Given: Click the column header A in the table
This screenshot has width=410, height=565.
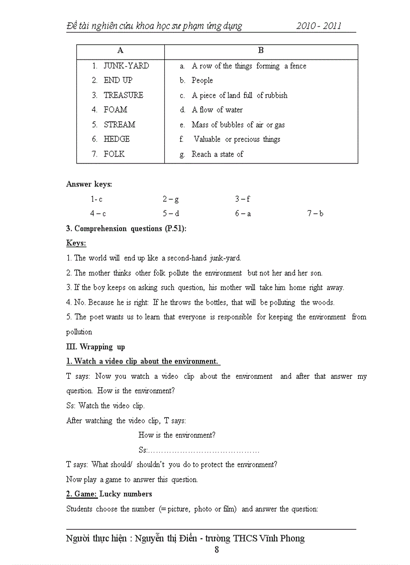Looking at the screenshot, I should [x=120, y=50].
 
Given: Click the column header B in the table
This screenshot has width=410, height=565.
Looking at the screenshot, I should [x=261, y=50].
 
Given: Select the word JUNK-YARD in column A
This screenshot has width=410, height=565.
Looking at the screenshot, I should [x=126, y=66].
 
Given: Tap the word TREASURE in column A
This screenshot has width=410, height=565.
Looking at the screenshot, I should [x=123, y=95].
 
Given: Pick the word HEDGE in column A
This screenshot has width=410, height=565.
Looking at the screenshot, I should [x=117, y=139].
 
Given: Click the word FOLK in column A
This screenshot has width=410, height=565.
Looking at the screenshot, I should [x=114, y=154].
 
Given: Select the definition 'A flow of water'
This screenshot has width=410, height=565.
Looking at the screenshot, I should [x=217, y=110].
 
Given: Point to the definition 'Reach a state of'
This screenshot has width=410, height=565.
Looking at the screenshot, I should [x=217, y=154].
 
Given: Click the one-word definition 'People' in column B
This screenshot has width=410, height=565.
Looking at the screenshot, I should [x=202, y=80].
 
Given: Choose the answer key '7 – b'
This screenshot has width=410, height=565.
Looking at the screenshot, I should [x=315, y=213].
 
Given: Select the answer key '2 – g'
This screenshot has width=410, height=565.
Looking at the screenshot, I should [x=170, y=199].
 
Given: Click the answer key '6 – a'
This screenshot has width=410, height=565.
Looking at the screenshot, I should [x=243, y=213].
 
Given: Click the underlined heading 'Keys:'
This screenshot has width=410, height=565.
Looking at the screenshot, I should [x=76, y=243].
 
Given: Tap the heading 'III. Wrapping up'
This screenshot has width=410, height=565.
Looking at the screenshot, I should [x=95, y=347].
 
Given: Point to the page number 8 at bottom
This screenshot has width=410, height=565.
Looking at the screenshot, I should [x=217, y=549].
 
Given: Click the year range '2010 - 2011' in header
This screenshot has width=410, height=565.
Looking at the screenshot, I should [x=319, y=26].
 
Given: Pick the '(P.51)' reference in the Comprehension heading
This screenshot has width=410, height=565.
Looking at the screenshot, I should [x=175, y=228].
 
